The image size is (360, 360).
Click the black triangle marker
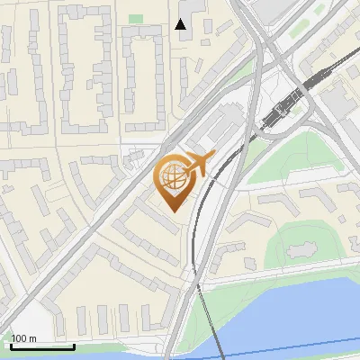click(181, 24)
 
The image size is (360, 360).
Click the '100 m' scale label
click(24, 338)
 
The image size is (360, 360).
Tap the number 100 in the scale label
click(20, 338)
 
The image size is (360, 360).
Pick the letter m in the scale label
click(33, 339)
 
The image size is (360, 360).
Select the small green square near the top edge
click(136, 18)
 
